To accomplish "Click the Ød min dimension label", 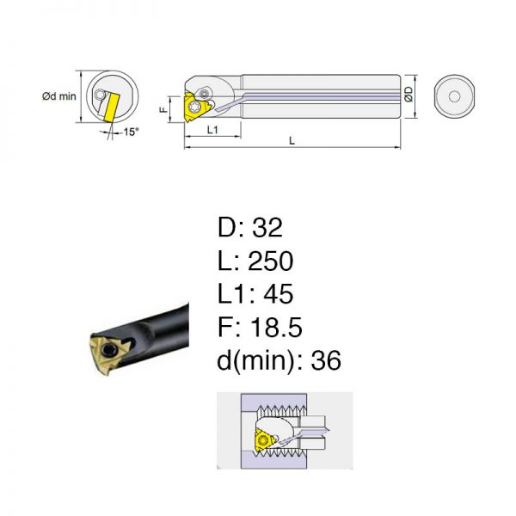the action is [x=58, y=96].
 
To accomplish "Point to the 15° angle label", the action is [x=131, y=132].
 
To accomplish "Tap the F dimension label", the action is [x=163, y=109].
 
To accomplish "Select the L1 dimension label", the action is [x=212, y=130].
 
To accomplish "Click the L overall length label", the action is [x=292, y=141].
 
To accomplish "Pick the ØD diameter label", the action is [x=408, y=95].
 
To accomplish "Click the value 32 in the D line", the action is [x=267, y=227].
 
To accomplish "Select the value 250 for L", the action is [x=270, y=261].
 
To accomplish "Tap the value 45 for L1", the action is [x=278, y=293].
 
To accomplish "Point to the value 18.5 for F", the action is [x=276, y=327].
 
